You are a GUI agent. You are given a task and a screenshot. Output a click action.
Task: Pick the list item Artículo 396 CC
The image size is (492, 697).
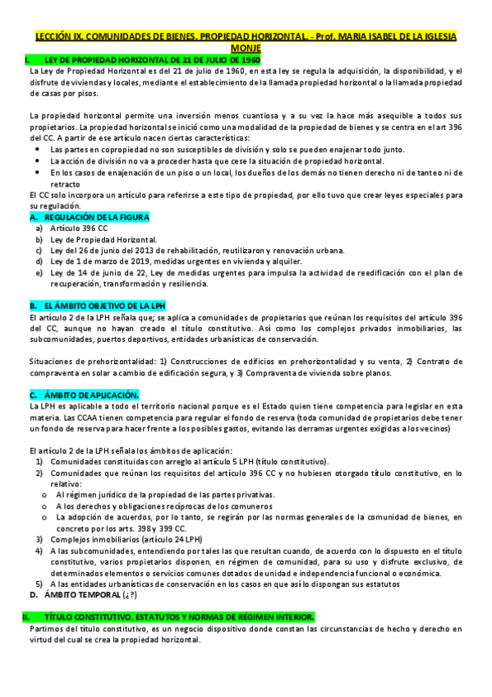[x=79, y=228]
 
